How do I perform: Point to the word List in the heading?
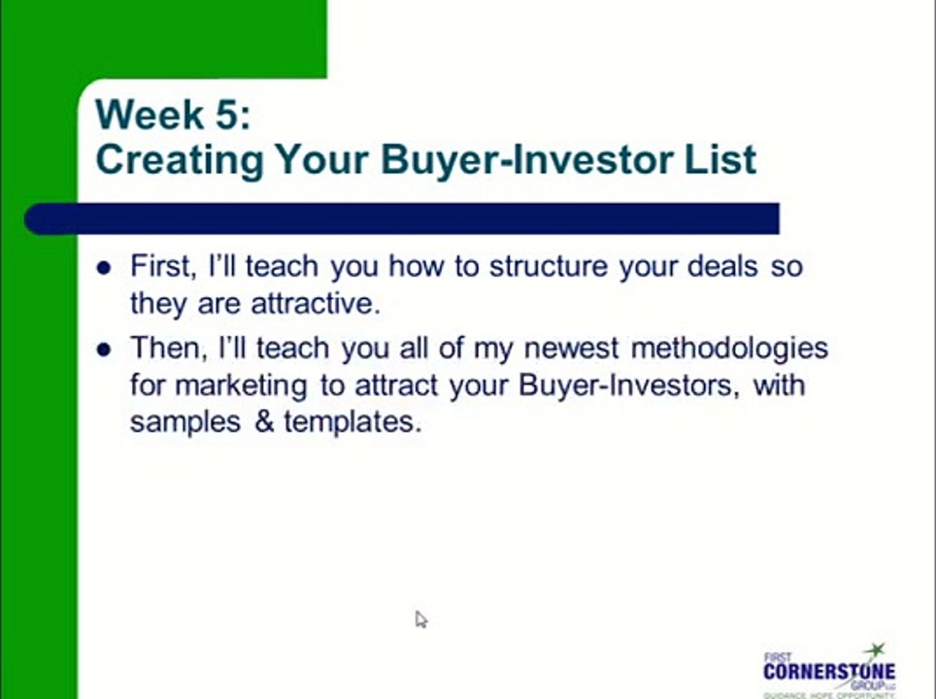719,158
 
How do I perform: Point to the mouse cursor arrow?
420,619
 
